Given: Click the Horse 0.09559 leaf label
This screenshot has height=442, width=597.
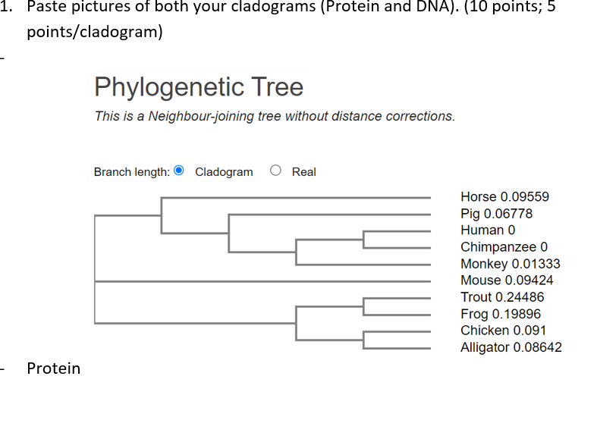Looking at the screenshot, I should pyautogui.click(x=504, y=196).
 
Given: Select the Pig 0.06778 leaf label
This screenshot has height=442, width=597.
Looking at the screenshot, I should pyautogui.click(x=496, y=213).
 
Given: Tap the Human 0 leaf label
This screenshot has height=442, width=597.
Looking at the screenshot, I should pyautogui.click(x=488, y=230).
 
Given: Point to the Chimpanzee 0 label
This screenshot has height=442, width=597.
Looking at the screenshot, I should pyautogui.click(x=504, y=247).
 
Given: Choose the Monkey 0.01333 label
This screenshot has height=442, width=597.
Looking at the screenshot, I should pyautogui.click(x=510, y=264).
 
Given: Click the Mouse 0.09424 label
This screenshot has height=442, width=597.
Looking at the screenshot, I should pyautogui.click(x=507, y=281).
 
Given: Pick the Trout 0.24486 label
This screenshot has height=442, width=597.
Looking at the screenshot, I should pyautogui.click(x=502, y=297).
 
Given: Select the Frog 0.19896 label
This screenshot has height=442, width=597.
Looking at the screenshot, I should pyautogui.click(x=501, y=314).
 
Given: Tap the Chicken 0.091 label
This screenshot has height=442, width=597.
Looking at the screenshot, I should pyautogui.click(x=503, y=331).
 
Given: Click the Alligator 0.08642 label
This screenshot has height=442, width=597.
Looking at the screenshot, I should pyautogui.click(x=511, y=347).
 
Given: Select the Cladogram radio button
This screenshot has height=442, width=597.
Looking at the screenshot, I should pyautogui.click(x=179, y=171).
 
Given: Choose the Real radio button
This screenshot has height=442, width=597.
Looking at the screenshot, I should pyautogui.click(x=275, y=171).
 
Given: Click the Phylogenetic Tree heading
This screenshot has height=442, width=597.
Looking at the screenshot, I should pyautogui.click(x=199, y=87).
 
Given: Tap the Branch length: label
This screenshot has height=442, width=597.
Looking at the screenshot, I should pyautogui.click(x=131, y=172).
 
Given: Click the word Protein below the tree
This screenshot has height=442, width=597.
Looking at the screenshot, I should pyautogui.click(x=53, y=368).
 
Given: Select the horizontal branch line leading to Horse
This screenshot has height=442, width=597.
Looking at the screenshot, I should pyautogui.click(x=296, y=199).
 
